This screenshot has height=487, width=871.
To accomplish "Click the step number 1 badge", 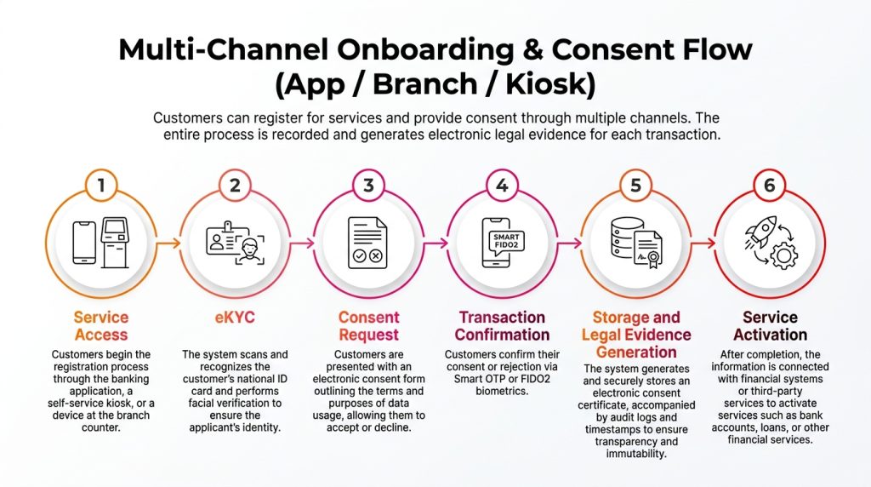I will [101, 186].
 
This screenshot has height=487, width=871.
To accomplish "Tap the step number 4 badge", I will [502, 186].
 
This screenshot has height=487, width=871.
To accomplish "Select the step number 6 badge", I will [769, 186].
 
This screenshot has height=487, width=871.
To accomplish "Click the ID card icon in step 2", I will [222, 238].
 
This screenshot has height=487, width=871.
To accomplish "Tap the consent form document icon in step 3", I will [368, 243].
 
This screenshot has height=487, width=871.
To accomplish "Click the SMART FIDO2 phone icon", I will [502, 243].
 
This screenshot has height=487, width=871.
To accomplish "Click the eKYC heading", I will [234, 318].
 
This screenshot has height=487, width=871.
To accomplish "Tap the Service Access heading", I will [100, 326].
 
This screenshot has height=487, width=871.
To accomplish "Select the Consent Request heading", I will [368, 326].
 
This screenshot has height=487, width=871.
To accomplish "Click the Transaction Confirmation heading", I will [502, 326].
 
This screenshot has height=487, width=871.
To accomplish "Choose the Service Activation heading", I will [769, 326].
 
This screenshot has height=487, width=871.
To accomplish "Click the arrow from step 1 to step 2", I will [168, 243].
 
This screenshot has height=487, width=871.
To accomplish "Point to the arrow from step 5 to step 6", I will [702, 243].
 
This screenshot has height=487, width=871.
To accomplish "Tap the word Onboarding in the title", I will [382, 49].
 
